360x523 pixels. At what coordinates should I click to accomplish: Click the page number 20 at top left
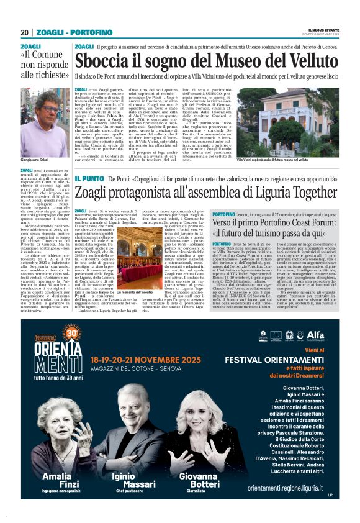(x=24, y=32)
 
